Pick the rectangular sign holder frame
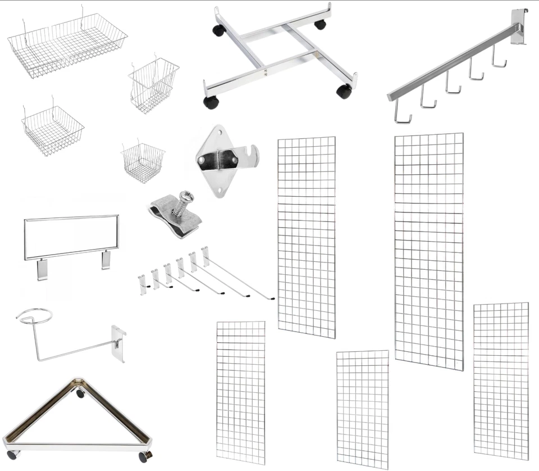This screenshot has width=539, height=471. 71,237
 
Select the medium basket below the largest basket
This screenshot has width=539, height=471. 52,129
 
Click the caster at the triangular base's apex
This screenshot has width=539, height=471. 81,393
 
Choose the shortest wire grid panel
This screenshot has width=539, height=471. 362,409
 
